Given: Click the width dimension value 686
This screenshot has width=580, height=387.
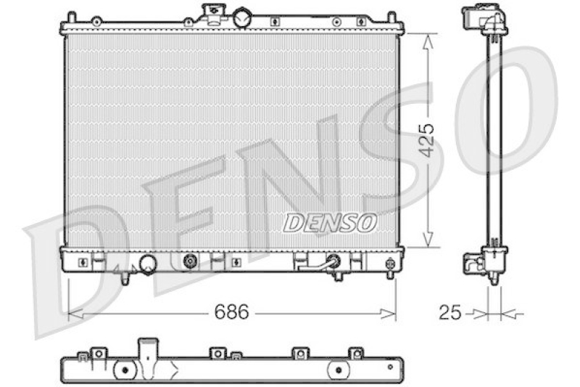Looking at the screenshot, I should coord(231,313).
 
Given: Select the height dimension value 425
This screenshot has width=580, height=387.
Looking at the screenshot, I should coord(427,141).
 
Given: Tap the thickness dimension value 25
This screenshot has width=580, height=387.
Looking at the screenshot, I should coord(450,313).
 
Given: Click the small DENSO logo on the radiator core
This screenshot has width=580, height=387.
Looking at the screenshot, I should coord(330,222).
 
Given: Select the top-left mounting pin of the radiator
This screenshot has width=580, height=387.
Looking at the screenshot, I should coord(70,17).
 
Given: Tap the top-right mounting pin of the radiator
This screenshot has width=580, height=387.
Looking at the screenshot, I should coord(391,17).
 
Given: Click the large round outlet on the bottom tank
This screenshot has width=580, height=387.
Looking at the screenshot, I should coord(148,264).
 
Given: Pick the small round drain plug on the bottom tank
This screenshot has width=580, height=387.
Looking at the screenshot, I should coord(191,261).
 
